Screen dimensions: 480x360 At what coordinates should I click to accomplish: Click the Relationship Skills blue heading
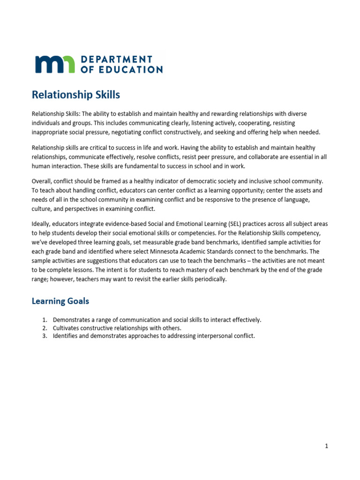click(x=75, y=95)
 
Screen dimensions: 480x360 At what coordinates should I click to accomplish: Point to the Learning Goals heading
click(x=60, y=301)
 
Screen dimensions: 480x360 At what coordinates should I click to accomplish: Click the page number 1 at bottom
click(x=326, y=446)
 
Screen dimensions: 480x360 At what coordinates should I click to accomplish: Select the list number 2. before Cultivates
click(x=45, y=328)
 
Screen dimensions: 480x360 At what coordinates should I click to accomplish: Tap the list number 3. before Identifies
click(x=45, y=336)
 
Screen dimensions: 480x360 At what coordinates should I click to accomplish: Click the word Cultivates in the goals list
click(x=67, y=328)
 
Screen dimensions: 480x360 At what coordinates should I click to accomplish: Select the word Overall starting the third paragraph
click(x=43, y=181)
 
